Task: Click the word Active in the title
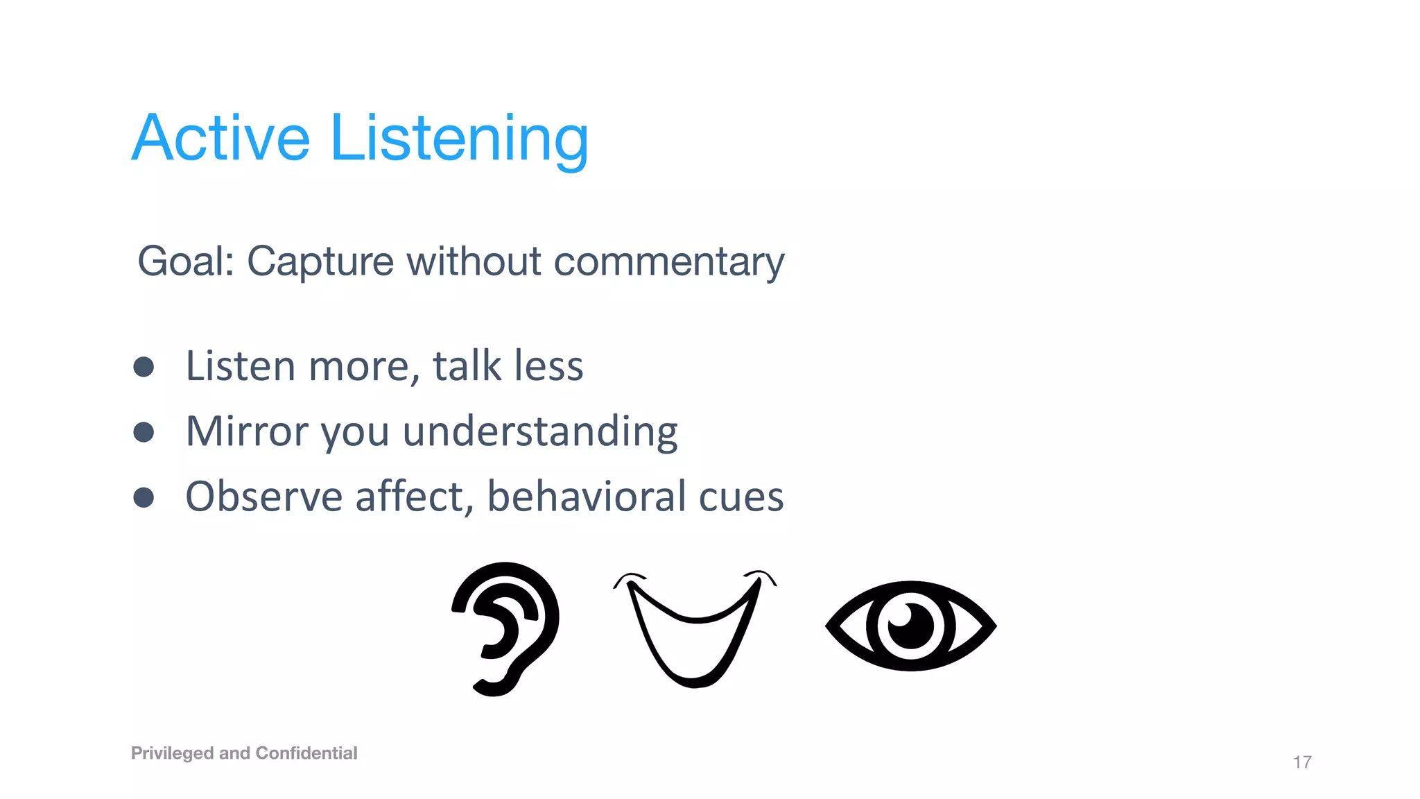tap(220, 139)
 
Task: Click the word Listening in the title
tap(459, 139)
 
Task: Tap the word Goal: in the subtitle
tap(186, 261)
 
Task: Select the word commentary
tap(669, 262)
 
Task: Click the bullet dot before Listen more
tap(144, 367)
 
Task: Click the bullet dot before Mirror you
tap(144, 432)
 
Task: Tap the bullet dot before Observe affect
tap(144, 497)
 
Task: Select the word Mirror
tap(247, 431)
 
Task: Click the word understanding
tap(539, 431)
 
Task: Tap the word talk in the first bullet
tap(467, 366)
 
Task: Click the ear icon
tap(506, 628)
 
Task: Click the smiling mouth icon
tap(695, 628)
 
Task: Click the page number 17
tap(1301, 762)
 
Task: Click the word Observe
tap(264, 497)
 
